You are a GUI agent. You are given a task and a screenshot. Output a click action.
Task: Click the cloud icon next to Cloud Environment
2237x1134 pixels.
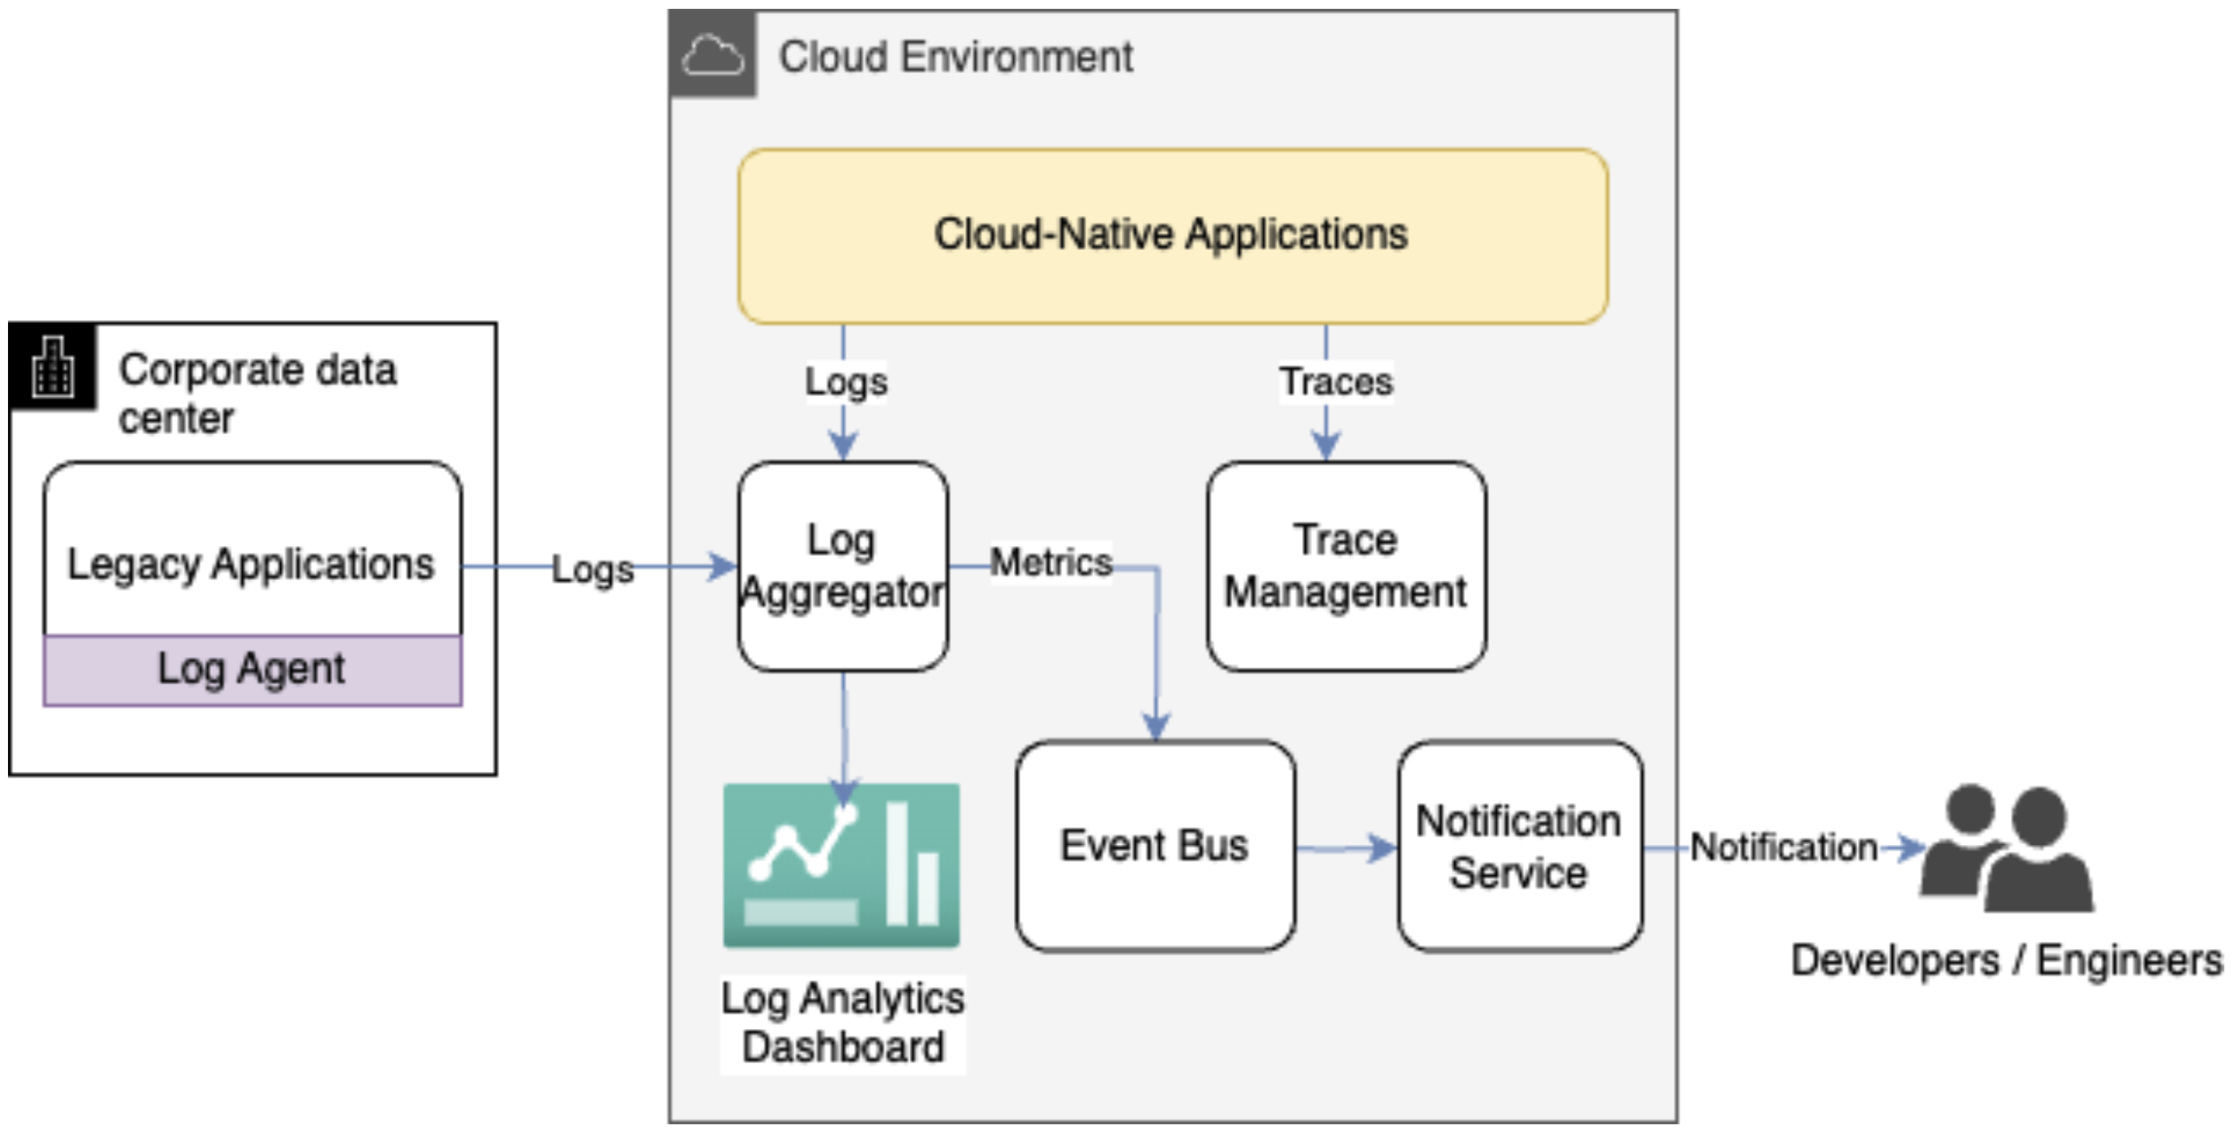click(x=712, y=55)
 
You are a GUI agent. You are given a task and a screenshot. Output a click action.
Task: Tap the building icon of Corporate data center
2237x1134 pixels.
click(x=52, y=366)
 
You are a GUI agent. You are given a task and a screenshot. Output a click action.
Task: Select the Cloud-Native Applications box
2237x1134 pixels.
click(x=1171, y=236)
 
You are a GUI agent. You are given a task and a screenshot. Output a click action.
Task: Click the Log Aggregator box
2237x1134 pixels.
click(x=842, y=566)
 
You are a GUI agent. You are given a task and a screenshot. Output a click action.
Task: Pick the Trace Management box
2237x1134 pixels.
click(x=1345, y=566)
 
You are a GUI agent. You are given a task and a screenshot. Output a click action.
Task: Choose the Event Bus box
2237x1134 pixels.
click(x=1154, y=845)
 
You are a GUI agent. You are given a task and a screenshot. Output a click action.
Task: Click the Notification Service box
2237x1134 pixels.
click(x=1518, y=845)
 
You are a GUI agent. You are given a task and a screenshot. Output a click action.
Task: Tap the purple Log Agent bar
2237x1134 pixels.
click(x=252, y=670)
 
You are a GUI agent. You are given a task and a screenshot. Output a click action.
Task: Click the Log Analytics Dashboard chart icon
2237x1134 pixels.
click(x=841, y=865)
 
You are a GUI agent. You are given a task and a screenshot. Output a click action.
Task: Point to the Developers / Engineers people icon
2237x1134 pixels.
click(x=2006, y=849)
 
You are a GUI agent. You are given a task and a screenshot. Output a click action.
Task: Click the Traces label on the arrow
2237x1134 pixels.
click(x=1335, y=382)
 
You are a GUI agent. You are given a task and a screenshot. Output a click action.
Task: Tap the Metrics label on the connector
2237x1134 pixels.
click(x=1050, y=562)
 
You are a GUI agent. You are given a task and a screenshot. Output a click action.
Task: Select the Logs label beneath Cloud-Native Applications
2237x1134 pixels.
click(x=845, y=382)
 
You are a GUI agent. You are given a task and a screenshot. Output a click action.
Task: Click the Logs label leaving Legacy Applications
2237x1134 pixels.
click(x=592, y=569)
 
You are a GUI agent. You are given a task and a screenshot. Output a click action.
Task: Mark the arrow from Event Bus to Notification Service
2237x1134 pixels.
click(x=1345, y=848)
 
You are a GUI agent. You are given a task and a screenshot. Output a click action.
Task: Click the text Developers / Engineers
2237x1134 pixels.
click(x=2006, y=961)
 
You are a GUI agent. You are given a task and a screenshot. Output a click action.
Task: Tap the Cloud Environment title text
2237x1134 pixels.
click(x=955, y=57)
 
